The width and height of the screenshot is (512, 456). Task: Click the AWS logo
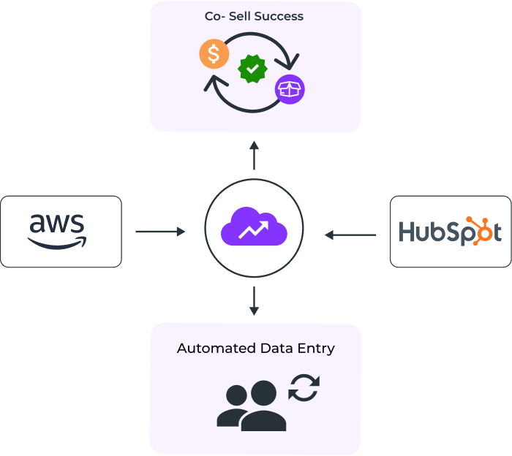(x=58, y=230)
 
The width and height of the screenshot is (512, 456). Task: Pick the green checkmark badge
(x=253, y=69)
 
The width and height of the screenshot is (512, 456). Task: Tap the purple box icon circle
(x=290, y=90)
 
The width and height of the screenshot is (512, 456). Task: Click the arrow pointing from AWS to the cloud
(x=160, y=232)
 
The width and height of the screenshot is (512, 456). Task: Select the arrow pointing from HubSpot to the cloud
(x=350, y=235)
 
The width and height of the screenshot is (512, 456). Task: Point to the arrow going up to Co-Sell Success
(x=254, y=154)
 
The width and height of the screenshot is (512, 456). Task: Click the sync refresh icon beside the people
(x=304, y=387)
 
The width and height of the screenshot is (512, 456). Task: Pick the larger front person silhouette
(x=262, y=408)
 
